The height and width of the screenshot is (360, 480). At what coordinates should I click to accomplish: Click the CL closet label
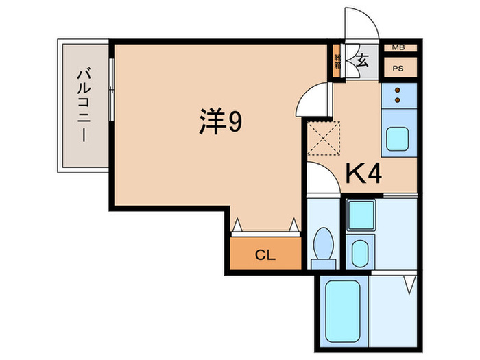click(x=265, y=256)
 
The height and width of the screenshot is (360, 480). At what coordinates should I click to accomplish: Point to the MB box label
click(x=397, y=47)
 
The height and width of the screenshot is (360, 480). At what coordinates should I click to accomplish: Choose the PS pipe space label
click(x=397, y=69)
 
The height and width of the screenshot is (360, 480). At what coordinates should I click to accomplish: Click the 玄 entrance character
click(x=362, y=60)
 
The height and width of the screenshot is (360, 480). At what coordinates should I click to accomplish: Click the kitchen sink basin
click(x=397, y=140)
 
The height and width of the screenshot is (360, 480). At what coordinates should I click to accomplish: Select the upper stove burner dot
click(x=397, y=91)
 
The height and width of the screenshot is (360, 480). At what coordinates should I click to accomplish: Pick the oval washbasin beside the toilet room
click(x=359, y=254)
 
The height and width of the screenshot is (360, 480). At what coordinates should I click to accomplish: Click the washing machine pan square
click(x=360, y=215)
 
